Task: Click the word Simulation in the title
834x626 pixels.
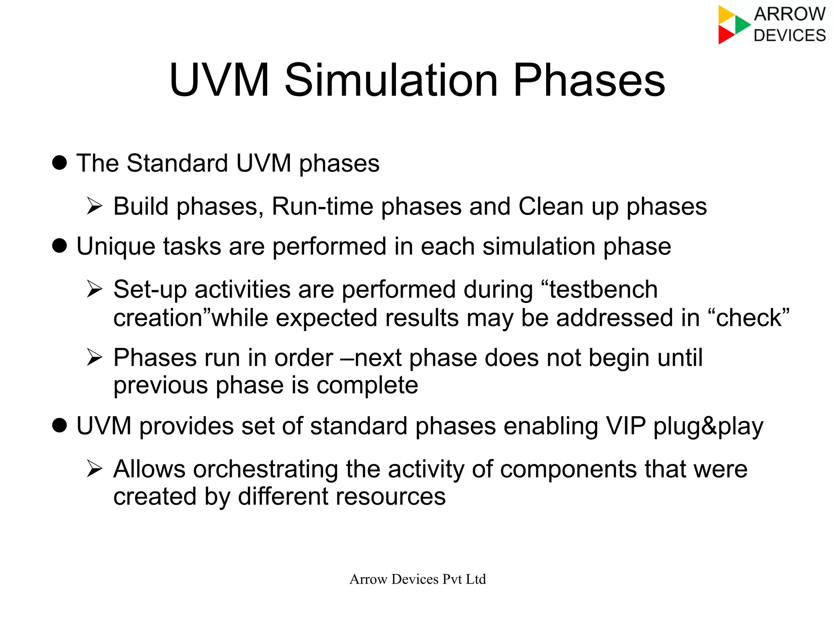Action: (x=391, y=80)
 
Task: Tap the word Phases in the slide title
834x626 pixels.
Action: (x=589, y=80)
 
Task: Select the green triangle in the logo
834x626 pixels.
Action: (x=742, y=24)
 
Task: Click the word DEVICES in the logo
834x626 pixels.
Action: (x=789, y=35)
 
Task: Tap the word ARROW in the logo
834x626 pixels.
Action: (x=789, y=14)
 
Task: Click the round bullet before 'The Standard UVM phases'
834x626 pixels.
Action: (x=59, y=163)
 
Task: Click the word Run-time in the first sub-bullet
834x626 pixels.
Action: (x=322, y=206)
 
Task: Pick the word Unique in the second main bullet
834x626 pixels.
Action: (x=116, y=247)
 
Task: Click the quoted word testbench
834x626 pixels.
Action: (x=603, y=290)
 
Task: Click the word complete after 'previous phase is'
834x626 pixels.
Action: (x=367, y=385)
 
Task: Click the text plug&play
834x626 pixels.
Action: (x=708, y=427)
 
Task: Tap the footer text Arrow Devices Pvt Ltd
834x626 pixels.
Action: (x=417, y=579)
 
